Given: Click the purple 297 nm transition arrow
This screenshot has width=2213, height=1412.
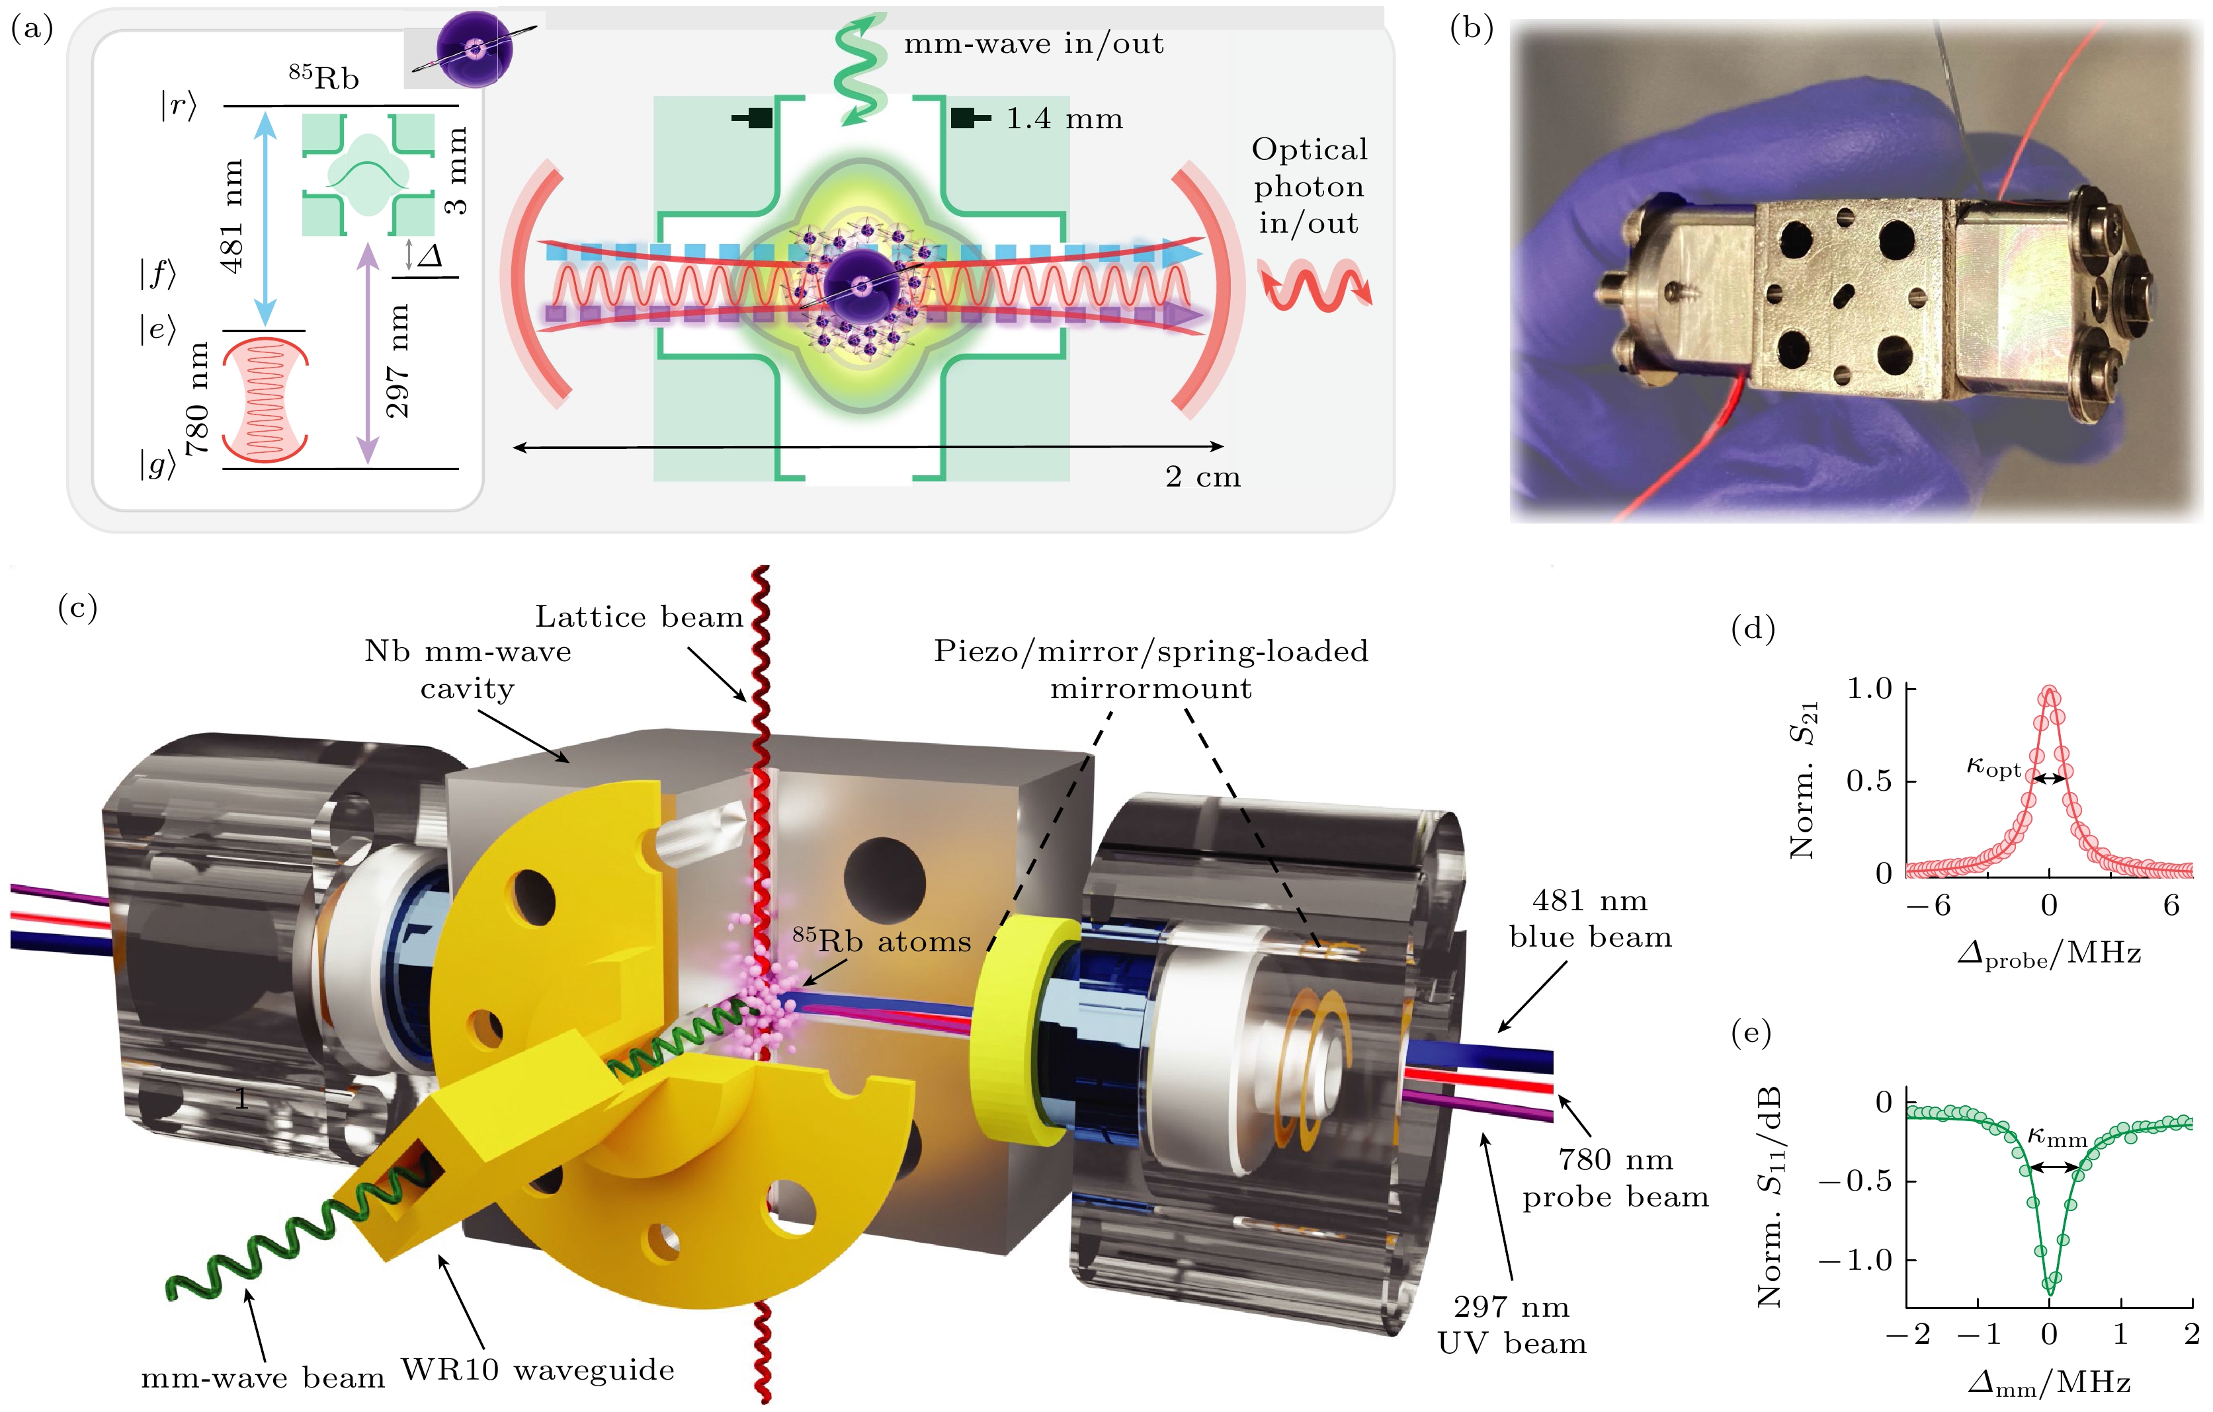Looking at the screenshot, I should [368, 354].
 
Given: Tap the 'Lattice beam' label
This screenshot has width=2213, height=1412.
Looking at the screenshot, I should [639, 617].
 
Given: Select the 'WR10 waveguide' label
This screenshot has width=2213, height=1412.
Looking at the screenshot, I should [538, 1370].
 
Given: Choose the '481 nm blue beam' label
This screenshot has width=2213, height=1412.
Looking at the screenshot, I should [1590, 919].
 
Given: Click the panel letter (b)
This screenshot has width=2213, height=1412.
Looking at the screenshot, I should [1470, 28].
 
